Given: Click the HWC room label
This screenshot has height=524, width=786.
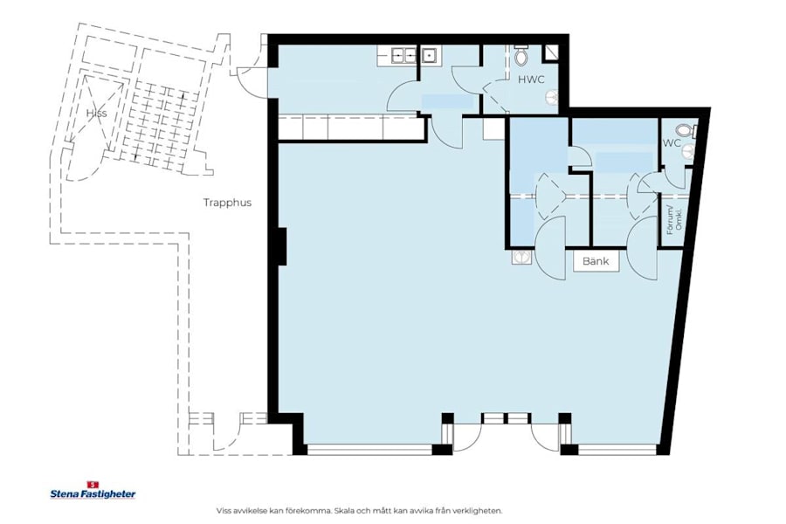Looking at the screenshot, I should click(x=531, y=79).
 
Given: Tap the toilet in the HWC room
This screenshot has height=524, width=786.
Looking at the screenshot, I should click(x=521, y=57).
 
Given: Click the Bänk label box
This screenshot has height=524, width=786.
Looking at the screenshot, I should click(x=596, y=260).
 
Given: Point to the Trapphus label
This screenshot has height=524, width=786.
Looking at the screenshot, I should click(x=227, y=203).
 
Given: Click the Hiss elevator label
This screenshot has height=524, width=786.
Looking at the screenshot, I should click(x=96, y=114).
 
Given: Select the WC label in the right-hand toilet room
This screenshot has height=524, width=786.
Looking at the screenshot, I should click(x=672, y=143).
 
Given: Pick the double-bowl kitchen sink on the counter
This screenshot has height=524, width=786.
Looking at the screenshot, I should click(x=403, y=56).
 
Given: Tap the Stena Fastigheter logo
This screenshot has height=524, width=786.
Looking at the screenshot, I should click(x=93, y=492).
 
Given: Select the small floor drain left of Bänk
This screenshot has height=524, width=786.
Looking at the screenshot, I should click(x=521, y=258).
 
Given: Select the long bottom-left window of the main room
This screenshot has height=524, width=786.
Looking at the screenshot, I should click(x=369, y=449).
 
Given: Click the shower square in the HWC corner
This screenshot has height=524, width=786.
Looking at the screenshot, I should click(x=551, y=52).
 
